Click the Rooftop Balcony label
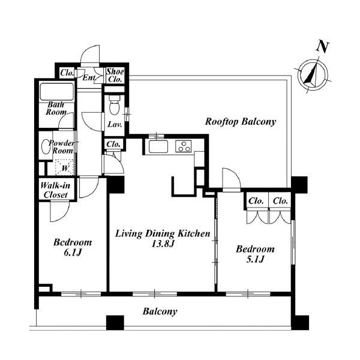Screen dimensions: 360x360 (x=241, y=121)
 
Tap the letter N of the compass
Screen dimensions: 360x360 (x=323, y=47)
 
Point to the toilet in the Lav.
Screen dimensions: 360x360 (x=115, y=104)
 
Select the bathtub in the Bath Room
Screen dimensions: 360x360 (x=56, y=91)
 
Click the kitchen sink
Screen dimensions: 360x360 (x=158, y=146)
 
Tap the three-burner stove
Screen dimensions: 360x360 (x=184, y=146)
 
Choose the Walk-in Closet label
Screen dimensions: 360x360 (x=55, y=190)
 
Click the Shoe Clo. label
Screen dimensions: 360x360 (x=115, y=76)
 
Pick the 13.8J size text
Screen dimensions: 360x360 (x=163, y=244)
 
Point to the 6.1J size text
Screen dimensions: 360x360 (x=73, y=253)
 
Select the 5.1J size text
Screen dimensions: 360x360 (x=255, y=259)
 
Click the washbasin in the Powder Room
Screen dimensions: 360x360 (x=46, y=147)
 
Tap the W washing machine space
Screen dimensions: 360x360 (x=65, y=167)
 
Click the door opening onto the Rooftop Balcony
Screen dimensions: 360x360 (x=231, y=180)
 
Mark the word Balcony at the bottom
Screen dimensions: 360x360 (x=160, y=311)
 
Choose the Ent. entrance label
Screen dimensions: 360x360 (x=89, y=77)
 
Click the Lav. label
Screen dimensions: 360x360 (x=115, y=124)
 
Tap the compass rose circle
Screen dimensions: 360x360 (x=313, y=74)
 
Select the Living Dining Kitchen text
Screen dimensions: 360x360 (x=163, y=233)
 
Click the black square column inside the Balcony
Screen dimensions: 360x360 (x=115, y=323)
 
